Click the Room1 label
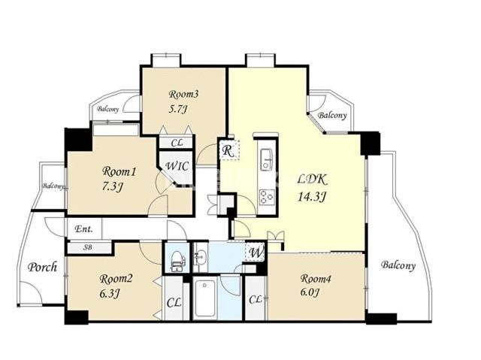click(x=119, y=171)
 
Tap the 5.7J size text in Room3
click(x=178, y=109)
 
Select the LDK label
click(x=313, y=180)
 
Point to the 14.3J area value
click(x=311, y=197)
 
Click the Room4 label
click(x=316, y=279)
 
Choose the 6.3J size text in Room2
click(x=109, y=294)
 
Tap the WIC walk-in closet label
click(x=177, y=166)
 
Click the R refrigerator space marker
click(x=227, y=150)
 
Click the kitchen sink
click(x=266, y=160)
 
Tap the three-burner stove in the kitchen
click(x=267, y=197)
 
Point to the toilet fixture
click(x=177, y=262)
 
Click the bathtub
click(x=204, y=299)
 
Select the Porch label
click(x=42, y=267)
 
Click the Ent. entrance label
click(x=83, y=228)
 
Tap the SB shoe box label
click(x=88, y=247)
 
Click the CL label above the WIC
click(x=177, y=143)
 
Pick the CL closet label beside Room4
click(x=256, y=299)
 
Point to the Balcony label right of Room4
click(x=398, y=265)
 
